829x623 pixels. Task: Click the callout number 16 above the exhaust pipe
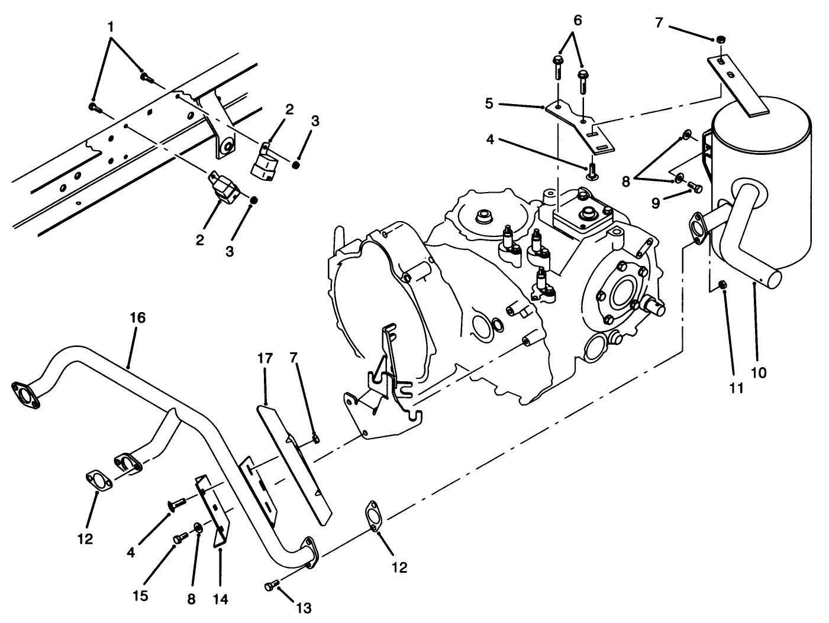pyautogui.click(x=137, y=318)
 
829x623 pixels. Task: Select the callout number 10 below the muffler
pyautogui.click(x=758, y=372)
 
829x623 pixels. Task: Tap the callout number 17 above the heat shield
pyautogui.click(x=264, y=358)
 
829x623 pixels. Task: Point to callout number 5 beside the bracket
pyautogui.click(x=489, y=104)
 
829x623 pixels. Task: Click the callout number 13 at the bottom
pyautogui.click(x=304, y=607)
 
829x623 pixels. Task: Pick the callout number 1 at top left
pyautogui.click(x=111, y=27)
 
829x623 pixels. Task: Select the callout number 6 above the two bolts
pyautogui.click(x=578, y=21)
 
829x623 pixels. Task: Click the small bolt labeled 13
pyautogui.click(x=271, y=585)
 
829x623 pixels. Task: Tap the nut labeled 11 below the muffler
pyautogui.click(x=723, y=286)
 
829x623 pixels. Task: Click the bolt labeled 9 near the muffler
pyautogui.click(x=696, y=188)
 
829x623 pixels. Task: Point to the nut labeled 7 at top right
pyautogui.click(x=720, y=39)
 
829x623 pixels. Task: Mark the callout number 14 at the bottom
pyautogui.click(x=220, y=598)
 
